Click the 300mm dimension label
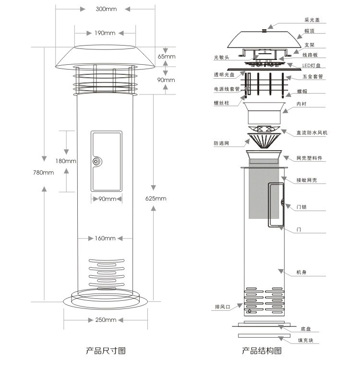106,9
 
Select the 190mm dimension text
105,33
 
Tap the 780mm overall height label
44,173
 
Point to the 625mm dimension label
156,199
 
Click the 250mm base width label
106,320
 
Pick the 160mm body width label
105,238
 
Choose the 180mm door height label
66,161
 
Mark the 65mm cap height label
167,57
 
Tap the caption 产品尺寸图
106,351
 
